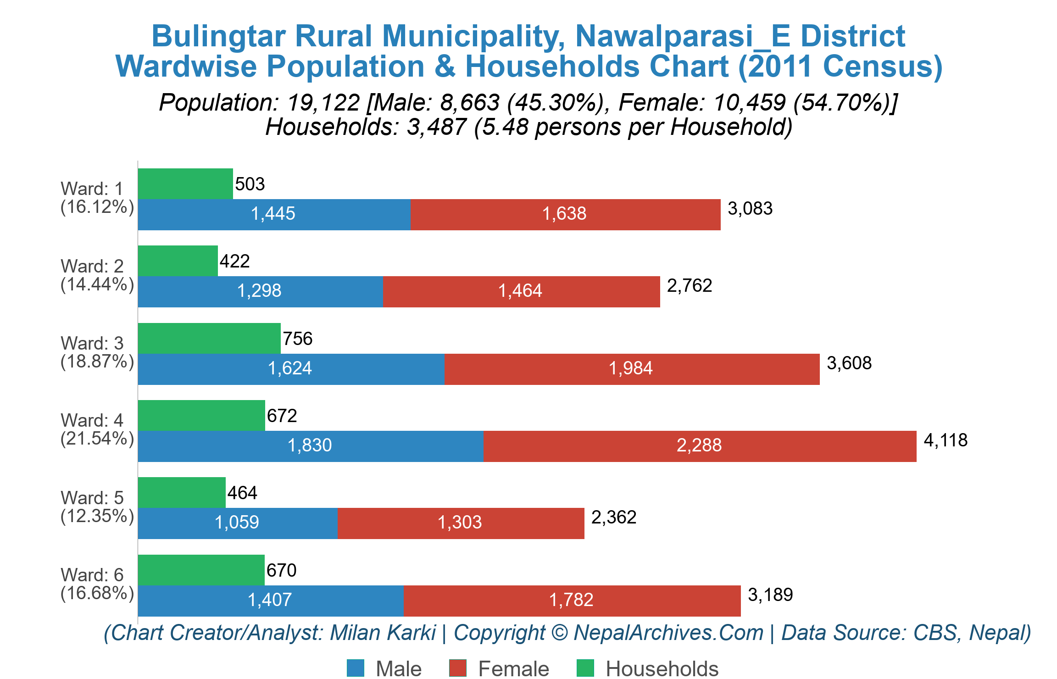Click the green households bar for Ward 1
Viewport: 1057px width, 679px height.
(185, 184)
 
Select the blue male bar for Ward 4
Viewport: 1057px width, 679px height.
(310, 446)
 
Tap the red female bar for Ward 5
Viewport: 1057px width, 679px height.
(461, 523)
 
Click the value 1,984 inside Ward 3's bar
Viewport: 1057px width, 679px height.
(630, 368)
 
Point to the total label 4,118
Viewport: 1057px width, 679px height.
(946, 440)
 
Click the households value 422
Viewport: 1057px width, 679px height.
(234, 262)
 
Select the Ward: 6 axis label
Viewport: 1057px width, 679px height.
(92, 575)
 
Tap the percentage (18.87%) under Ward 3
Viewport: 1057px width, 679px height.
(97, 362)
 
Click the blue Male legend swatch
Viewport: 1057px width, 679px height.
(356, 668)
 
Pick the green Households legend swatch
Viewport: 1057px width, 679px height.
(585, 668)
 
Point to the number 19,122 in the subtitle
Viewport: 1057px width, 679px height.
(323, 102)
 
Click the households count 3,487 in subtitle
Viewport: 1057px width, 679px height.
(436, 127)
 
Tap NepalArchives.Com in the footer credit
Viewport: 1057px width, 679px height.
(668, 633)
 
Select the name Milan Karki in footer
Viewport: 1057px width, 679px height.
(383, 633)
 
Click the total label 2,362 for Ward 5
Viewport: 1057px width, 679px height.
(614, 518)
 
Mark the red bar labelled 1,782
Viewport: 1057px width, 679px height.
(572, 601)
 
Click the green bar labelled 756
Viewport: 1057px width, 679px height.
(209, 338)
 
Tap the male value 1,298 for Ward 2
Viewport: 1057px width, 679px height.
(259, 291)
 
